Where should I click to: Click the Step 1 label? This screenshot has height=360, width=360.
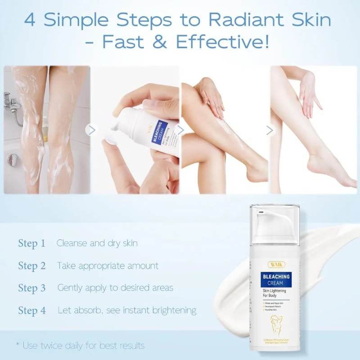coord(31,243)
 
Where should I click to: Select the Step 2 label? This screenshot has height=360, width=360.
coord(31,266)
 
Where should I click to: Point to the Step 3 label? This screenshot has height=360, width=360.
coord(31,288)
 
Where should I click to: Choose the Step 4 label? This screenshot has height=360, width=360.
coord(31,310)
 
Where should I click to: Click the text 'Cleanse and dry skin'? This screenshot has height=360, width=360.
coord(97,243)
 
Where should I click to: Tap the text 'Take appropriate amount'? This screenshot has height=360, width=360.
coord(108,265)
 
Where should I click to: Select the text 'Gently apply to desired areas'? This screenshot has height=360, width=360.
coord(115,288)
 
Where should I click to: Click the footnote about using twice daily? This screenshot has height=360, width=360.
coord(80,346)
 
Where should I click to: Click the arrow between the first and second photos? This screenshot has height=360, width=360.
coord(92,130)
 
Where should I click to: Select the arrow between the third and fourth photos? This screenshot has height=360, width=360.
coord(270,130)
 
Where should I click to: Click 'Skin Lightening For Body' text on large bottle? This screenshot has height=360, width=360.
coord(274,294)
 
